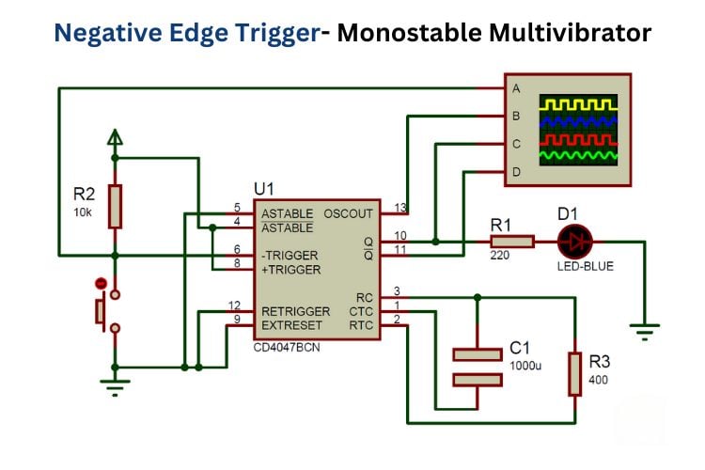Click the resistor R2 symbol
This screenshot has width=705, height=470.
pyautogui.click(x=115, y=206)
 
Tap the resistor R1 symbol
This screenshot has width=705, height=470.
pyautogui.click(x=511, y=243)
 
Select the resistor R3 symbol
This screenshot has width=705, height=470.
pyautogui.click(x=575, y=374)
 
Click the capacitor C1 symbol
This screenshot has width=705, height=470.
pyautogui.click(x=478, y=366)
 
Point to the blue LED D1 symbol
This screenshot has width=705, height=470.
pyautogui.click(x=572, y=243)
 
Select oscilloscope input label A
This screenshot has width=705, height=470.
pyautogui.click(x=515, y=88)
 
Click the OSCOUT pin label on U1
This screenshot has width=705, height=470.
pyautogui.click(x=348, y=213)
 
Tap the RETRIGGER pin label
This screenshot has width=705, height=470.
pyautogui.click(x=295, y=311)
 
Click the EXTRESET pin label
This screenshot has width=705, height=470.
pyautogui.click(x=292, y=325)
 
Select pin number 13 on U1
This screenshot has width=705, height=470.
pyautogui.click(x=399, y=208)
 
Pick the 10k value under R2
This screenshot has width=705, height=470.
pyautogui.click(x=83, y=212)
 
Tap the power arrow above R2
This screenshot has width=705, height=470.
pyautogui.click(x=115, y=138)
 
